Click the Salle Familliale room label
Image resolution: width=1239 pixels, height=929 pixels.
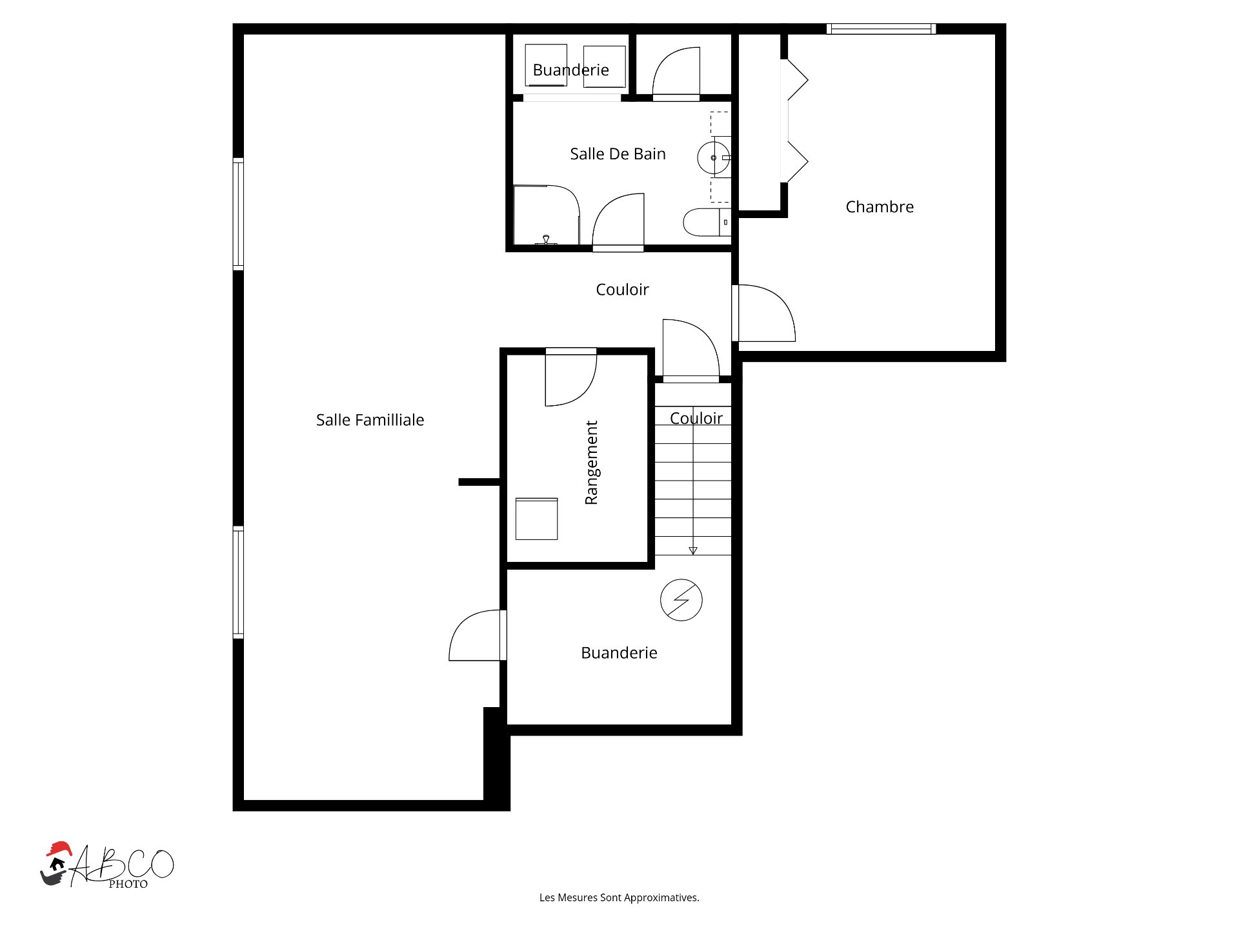tap(370, 420)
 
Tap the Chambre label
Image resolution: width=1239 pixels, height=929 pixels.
tap(880, 207)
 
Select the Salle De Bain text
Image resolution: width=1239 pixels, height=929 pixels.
tap(618, 154)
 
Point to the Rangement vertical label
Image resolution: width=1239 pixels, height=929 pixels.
tap(591, 462)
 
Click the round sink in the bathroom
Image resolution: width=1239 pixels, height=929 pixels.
tap(714, 157)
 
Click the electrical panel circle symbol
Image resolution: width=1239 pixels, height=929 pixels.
tap(681, 600)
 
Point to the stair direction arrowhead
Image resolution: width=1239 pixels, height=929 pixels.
tap(693, 551)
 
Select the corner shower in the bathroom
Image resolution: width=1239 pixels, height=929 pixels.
tap(547, 215)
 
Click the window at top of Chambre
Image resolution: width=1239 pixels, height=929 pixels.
tap(881, 28)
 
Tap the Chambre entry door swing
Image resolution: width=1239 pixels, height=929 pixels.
tap(767, 313)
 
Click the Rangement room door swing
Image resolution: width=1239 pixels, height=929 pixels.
tap(571, 377)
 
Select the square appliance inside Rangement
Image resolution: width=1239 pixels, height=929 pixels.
tap(536, 519)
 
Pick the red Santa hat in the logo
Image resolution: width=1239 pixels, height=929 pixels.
tap(59, 849)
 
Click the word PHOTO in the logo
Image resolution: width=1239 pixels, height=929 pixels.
tap(128, 884)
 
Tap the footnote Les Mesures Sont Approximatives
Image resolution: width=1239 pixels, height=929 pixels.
tap(619, 897)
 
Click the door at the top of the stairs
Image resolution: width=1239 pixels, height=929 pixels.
tap(691, 350)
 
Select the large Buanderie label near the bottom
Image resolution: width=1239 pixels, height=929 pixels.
tap(619, 653)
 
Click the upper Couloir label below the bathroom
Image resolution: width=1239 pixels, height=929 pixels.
tap(622, 290)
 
